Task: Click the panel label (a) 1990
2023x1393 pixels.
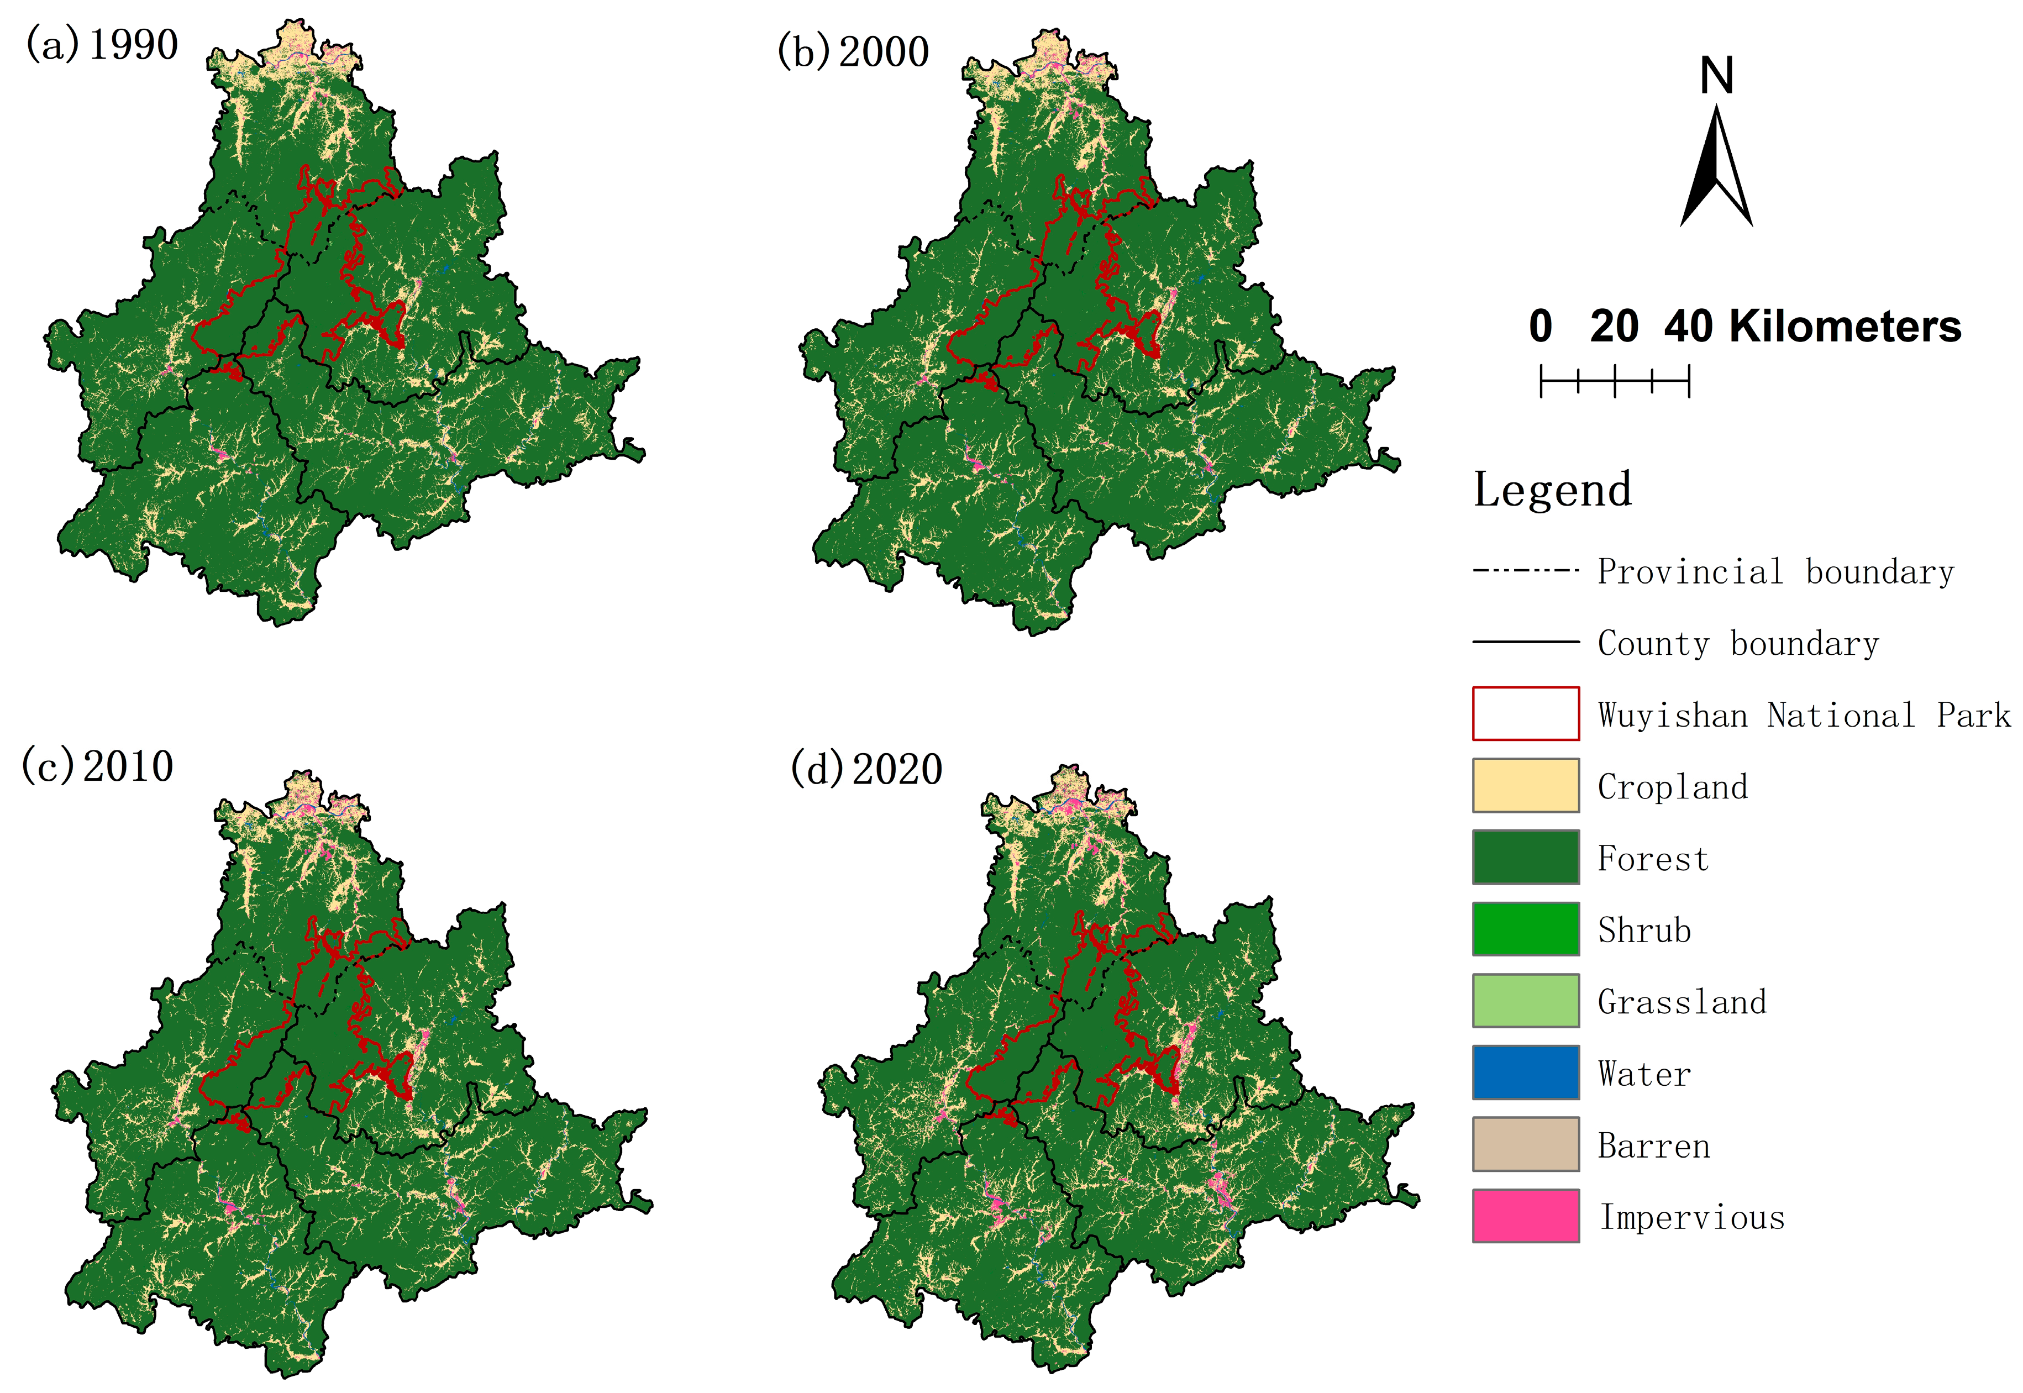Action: coord(102,45)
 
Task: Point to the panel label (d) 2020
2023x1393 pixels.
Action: coord(866,769)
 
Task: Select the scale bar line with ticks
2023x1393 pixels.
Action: coord(1615,381)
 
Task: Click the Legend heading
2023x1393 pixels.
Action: coord(1552,490)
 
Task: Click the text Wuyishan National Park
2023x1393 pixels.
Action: coord(1803,715)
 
